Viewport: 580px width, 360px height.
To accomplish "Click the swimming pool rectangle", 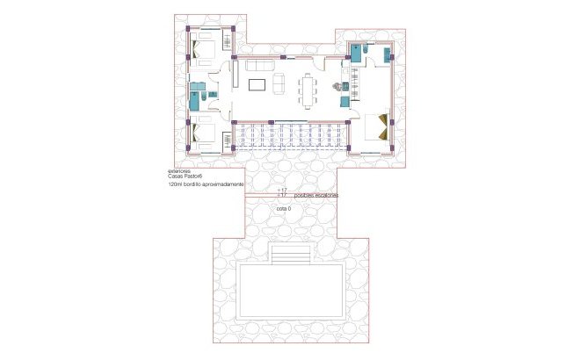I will (289, 291).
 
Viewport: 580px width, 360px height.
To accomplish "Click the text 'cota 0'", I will (283, 209).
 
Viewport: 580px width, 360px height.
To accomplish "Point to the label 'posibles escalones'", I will (315, 194).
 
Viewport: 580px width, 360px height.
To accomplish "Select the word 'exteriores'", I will (179, 170).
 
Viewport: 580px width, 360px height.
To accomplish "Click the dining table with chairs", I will (308, 89).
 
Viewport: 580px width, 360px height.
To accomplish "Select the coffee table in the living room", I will (257, 85).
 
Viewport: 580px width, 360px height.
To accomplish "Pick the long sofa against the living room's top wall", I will (258, 66).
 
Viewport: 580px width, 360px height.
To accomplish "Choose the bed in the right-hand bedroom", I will (378, 126).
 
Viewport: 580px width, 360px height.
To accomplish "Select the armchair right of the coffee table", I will (278, 85).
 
